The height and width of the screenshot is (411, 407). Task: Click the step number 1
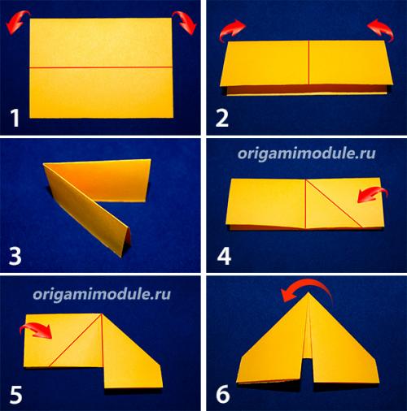[15, 118]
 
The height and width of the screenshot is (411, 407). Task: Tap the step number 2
[222, 118]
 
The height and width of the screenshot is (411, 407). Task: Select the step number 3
[15, 256]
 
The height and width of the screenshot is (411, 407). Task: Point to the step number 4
[224, 256]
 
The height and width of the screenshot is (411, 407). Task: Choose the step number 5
[15, 395]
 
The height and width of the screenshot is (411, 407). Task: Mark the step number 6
[223, 395]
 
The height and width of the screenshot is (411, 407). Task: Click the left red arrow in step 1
[17, 21]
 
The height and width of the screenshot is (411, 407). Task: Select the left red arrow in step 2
[231, 30]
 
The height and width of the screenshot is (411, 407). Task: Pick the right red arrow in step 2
[381, 30]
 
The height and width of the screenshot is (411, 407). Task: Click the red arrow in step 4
[372, 194]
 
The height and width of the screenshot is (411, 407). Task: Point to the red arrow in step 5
[36, 331]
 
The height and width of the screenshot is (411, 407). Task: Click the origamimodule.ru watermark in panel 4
[307, 154]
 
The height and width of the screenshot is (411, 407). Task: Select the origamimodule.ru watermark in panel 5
[102, 294]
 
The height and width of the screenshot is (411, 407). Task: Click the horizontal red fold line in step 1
[101, 67]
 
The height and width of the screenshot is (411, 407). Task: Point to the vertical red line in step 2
[309, 63]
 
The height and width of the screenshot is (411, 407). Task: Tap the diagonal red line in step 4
[334, 203]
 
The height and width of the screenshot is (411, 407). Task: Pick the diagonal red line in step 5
[75, 340]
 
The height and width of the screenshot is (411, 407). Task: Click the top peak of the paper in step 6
[309, 292]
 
